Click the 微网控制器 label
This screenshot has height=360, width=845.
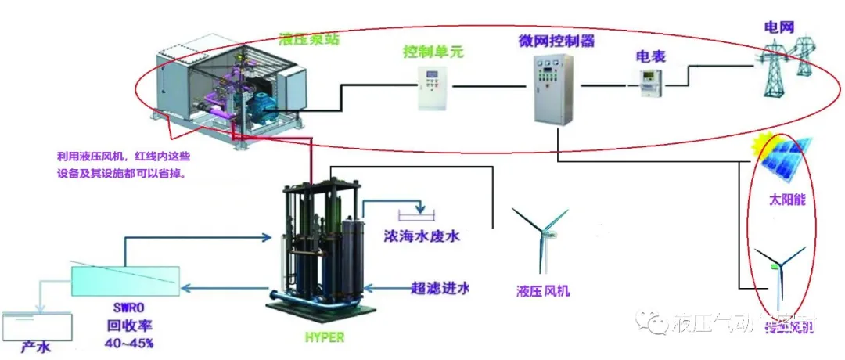pos(553,39)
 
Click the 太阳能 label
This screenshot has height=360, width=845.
pos(786,200)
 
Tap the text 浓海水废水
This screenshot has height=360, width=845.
pos(421,236)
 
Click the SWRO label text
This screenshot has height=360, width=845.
pos(128,306)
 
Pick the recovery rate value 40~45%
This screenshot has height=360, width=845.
pos(128,343)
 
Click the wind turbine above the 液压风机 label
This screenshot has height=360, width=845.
pos(541,235)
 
